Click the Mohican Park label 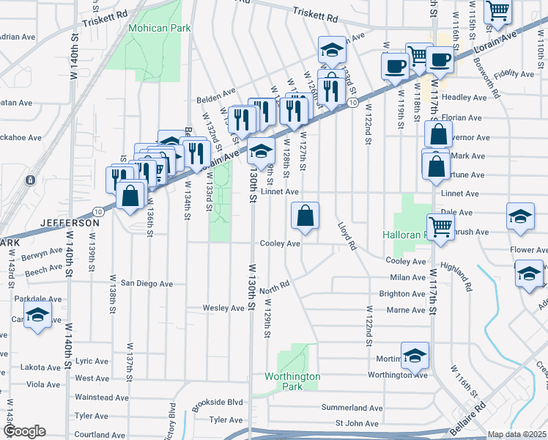click(x=160, y=29)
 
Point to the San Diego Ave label click(x=147, y=283)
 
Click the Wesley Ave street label click(x=223, y=308)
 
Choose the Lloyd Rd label click(x=347, y=236)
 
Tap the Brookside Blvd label click(x=215, y=402)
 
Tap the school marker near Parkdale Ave click(x=37, y=316)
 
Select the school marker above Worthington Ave click(x=415, y=356)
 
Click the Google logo click(x=23, y=431)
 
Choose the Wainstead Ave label click(x=102, y=397)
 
